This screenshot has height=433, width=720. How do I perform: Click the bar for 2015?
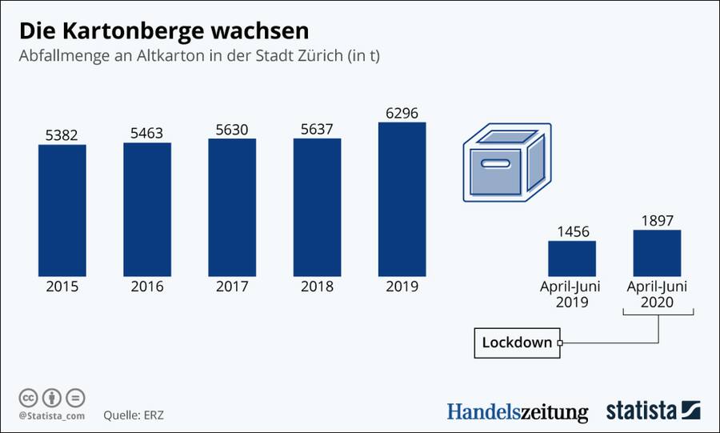pyautogui.click(x=62, y=209)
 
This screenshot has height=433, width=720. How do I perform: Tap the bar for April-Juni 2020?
pyautogui.click(x=657, y=252)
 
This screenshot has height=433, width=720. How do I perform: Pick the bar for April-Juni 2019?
pyautogui.click(x=572, y=258)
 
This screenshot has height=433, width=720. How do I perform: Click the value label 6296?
pyautogui.click(x=402, y=113)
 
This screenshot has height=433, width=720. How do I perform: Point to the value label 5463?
pyautogui.click(x=146, y=132)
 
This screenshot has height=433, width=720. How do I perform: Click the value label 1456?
pyautogui.click(x=572, y=232)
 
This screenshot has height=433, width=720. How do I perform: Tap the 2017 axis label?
pyautogui.click(x=231, y=286)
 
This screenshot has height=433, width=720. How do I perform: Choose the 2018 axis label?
pyautogui.click(x=317, y=286)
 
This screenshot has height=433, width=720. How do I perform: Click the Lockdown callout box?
pyautogui.click(x=517, y=343)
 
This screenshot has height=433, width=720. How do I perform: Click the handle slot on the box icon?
pyautogui.click(x=493, y=164)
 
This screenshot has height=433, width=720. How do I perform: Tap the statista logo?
pyautogui.click(x=652, y=410)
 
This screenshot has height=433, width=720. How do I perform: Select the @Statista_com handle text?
pyautogui.click(x=51, y=416)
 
